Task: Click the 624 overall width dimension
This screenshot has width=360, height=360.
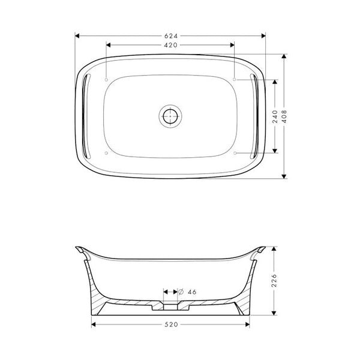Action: click(171, 35)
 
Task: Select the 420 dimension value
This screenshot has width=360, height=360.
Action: click(171, 46)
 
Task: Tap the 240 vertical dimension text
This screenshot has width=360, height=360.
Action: click(274, 116)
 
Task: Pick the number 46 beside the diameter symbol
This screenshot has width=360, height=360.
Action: click(192, 292)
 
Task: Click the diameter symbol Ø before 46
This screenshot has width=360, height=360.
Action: click(181, 292)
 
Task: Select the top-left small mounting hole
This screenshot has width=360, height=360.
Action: click(106, 79)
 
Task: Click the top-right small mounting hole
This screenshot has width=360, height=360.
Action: click(235, 79)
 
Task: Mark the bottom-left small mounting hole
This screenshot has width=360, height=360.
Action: click(106, 152)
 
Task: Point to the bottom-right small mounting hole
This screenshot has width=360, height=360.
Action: click(235, 152)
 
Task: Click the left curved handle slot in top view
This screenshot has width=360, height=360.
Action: click(85, 116)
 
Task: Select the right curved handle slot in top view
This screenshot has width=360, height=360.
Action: click(256, 116)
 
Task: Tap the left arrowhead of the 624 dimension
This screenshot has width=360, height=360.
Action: click(77, 35)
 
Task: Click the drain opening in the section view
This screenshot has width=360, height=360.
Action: click(170, 302)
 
